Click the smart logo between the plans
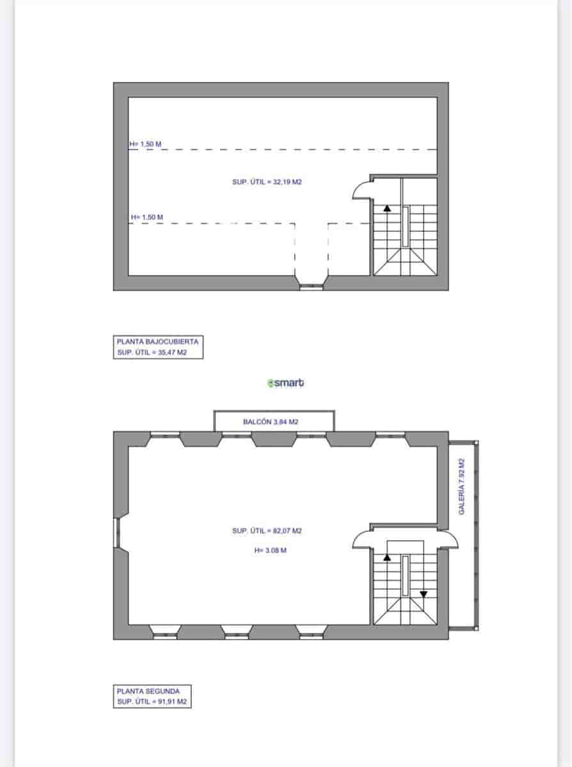(286, 383)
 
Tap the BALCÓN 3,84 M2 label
(271, 422)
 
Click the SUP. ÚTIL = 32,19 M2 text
(267, 182)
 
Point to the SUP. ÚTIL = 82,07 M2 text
(267, 531)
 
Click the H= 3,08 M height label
(270, 550)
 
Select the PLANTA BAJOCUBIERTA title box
(158, 347)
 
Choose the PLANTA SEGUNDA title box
(152, 696)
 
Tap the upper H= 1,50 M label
(146, 144)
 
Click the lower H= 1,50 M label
(147, 217)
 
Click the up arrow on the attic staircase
(387, 208)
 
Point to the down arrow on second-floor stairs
(424, 594)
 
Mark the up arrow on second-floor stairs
(386, 557)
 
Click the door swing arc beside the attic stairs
(361, 189)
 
